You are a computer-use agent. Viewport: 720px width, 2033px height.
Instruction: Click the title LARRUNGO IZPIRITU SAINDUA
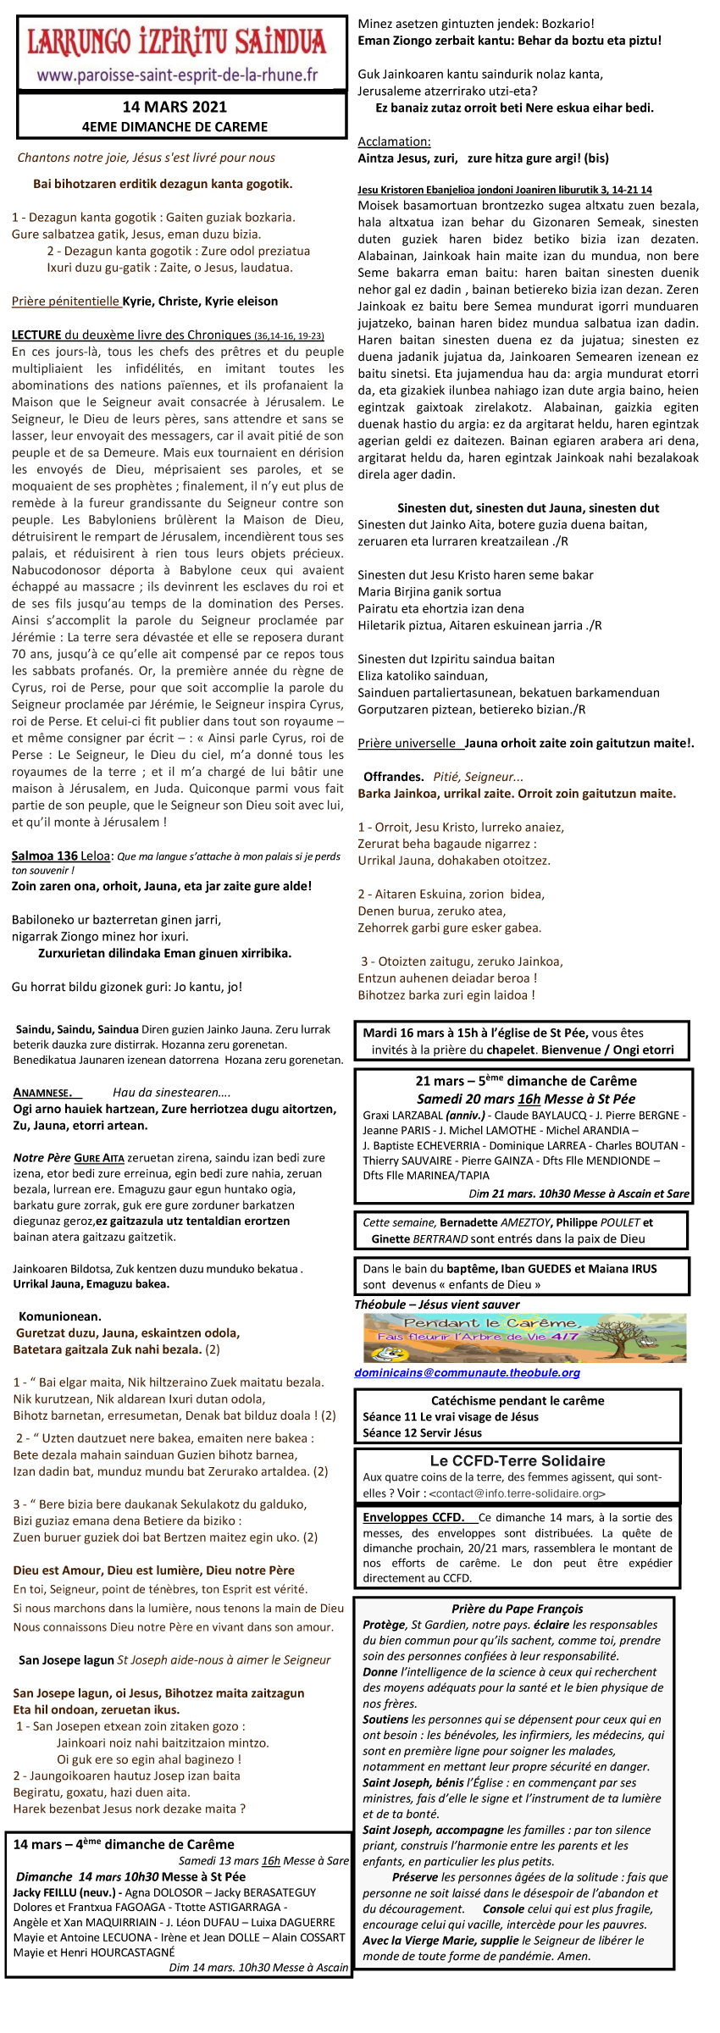(x=176, y=42)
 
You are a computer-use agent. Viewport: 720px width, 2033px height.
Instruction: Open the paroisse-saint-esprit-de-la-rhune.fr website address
(x=177, y=75)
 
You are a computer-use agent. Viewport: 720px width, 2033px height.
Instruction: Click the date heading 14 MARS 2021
(x=174, y=107)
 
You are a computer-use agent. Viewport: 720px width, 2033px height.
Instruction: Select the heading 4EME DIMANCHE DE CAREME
(x=174, y=127)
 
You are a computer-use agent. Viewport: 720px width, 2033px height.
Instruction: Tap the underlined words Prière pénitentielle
(x=66, y=302)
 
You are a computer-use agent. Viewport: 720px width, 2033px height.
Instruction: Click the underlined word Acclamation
(x=394, y=141)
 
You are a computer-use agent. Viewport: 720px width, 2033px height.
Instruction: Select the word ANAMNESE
(x=42, y=1093)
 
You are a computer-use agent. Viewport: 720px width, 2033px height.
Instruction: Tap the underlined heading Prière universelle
(x=407, y=744)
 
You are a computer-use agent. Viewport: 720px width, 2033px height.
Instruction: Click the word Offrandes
(x=393, y=777)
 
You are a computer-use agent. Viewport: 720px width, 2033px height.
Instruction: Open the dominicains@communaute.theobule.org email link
(x=467, y=1373)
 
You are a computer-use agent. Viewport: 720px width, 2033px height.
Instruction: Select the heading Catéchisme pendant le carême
(x=518, y=1401)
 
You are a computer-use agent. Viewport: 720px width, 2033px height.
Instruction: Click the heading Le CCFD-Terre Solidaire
(x=518, y=1460)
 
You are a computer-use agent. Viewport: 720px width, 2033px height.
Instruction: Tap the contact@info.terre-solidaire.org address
(x=518, y=1493)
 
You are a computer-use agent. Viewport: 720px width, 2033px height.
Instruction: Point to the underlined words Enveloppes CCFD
(x=413, y=1518)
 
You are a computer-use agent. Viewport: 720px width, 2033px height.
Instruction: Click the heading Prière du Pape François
(x=517, y=1609)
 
